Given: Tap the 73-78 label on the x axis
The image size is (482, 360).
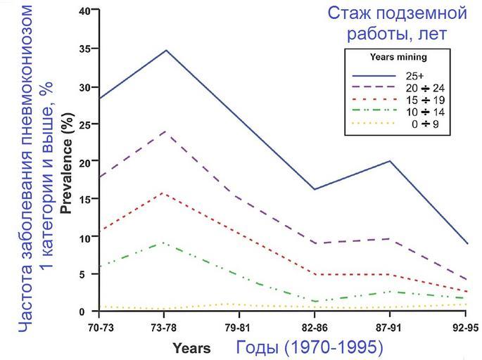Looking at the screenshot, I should pos(163,328).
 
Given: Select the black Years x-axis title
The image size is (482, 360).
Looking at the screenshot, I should pos(191,347).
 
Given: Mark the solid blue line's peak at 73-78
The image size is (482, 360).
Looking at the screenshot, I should pos(165,50).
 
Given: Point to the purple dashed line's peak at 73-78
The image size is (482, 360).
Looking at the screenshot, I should pos(165,131).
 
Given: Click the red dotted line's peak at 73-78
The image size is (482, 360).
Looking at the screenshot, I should pos(165,193).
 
